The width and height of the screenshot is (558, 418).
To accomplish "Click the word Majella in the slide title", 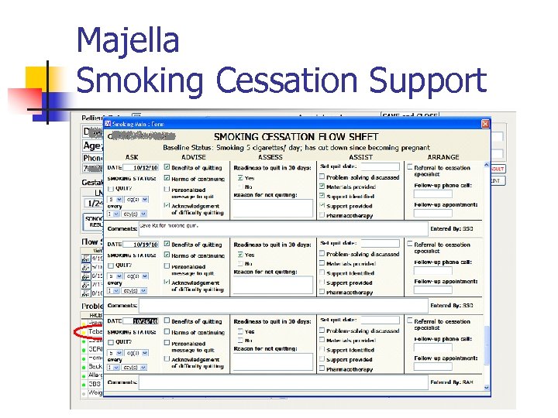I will (x=128, y=40).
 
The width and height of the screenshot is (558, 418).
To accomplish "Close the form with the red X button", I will (x=485, y=123).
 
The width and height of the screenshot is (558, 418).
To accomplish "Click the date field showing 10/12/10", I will (x=145, y=167).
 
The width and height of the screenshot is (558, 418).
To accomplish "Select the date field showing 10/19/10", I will (x=145, y=245).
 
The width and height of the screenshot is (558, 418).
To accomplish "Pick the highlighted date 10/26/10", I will (x=145, y=321).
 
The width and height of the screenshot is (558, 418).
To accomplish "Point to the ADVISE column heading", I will (x=194, y=156).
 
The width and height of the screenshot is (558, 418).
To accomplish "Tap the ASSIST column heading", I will (x=360, y=156).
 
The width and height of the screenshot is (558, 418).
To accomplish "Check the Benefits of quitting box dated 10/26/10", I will (x=167, y=321).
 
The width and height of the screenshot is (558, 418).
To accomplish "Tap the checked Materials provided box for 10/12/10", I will (x=322, y=187).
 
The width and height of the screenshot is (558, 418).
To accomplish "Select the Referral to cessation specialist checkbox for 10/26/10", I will (x=409, y=321).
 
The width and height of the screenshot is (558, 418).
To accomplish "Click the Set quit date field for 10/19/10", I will (x=383, y=244).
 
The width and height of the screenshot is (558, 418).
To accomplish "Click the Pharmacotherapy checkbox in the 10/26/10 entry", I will (x=322, y=369).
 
